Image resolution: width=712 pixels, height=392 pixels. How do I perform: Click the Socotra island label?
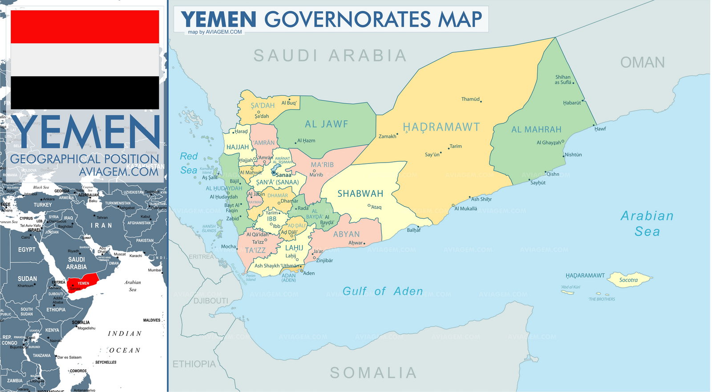(628, 280)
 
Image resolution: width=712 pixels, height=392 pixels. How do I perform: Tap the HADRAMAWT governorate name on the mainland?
(441, 127)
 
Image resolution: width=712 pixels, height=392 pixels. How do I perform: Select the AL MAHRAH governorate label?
(536, 130)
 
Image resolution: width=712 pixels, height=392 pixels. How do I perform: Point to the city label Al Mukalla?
(466, 208)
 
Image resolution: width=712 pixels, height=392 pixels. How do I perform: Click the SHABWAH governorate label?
(360, 194)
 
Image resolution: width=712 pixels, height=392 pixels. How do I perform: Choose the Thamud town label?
(470, 99)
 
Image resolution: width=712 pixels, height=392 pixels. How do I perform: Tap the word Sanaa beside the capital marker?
(283, 175)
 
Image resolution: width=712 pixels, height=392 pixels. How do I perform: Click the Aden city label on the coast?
(309, 274)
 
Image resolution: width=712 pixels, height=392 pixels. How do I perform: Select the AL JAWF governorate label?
(326, 124)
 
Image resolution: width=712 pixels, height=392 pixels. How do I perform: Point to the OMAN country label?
(643, 62)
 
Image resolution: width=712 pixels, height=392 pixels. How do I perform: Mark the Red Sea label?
(189, 163)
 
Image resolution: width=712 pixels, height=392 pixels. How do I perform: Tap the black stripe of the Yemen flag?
(85, 92)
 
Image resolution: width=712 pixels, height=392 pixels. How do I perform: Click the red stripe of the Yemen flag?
(85, 27)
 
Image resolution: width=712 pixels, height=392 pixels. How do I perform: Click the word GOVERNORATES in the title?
(348, 20)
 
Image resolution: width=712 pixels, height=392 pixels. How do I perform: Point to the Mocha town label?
(229, 246)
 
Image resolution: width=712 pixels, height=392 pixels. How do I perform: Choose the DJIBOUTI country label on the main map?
(211, 301)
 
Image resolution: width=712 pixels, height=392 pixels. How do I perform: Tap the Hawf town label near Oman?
(600, 129)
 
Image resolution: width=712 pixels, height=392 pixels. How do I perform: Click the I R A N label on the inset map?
(101, 225)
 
